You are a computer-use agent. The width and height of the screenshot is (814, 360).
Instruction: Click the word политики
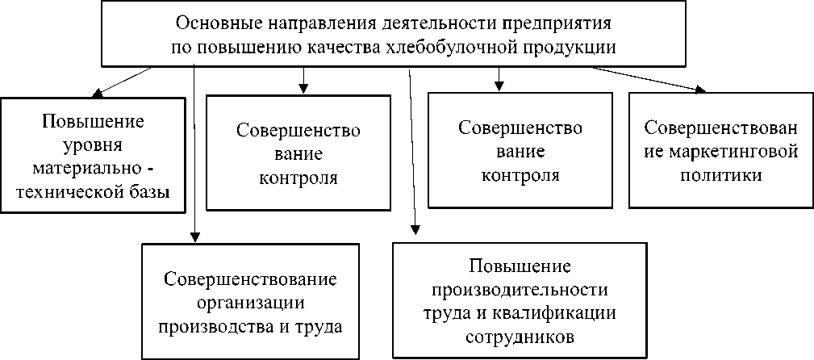click(x=721, y=174)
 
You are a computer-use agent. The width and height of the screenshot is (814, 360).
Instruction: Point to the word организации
click(x=250, y=303)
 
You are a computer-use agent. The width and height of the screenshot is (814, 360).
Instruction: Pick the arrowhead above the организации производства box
click(x=194, y=237)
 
